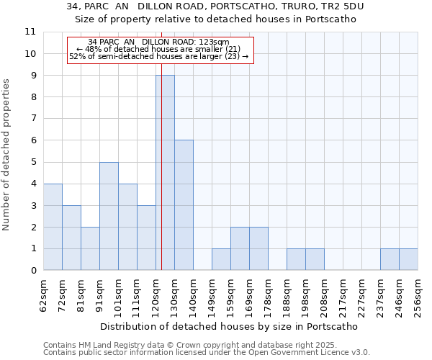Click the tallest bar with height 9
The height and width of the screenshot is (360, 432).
pos(165,173)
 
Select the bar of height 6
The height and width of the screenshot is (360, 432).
pos(184,205)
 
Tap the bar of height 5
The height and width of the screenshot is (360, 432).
pos(109,216)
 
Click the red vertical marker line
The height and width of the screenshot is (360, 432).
pos(161,180)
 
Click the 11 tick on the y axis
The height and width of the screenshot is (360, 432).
pos(30,32)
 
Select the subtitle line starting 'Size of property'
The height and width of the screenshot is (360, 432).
pos(216,19)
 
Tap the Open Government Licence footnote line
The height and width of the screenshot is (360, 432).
pos(207,353)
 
